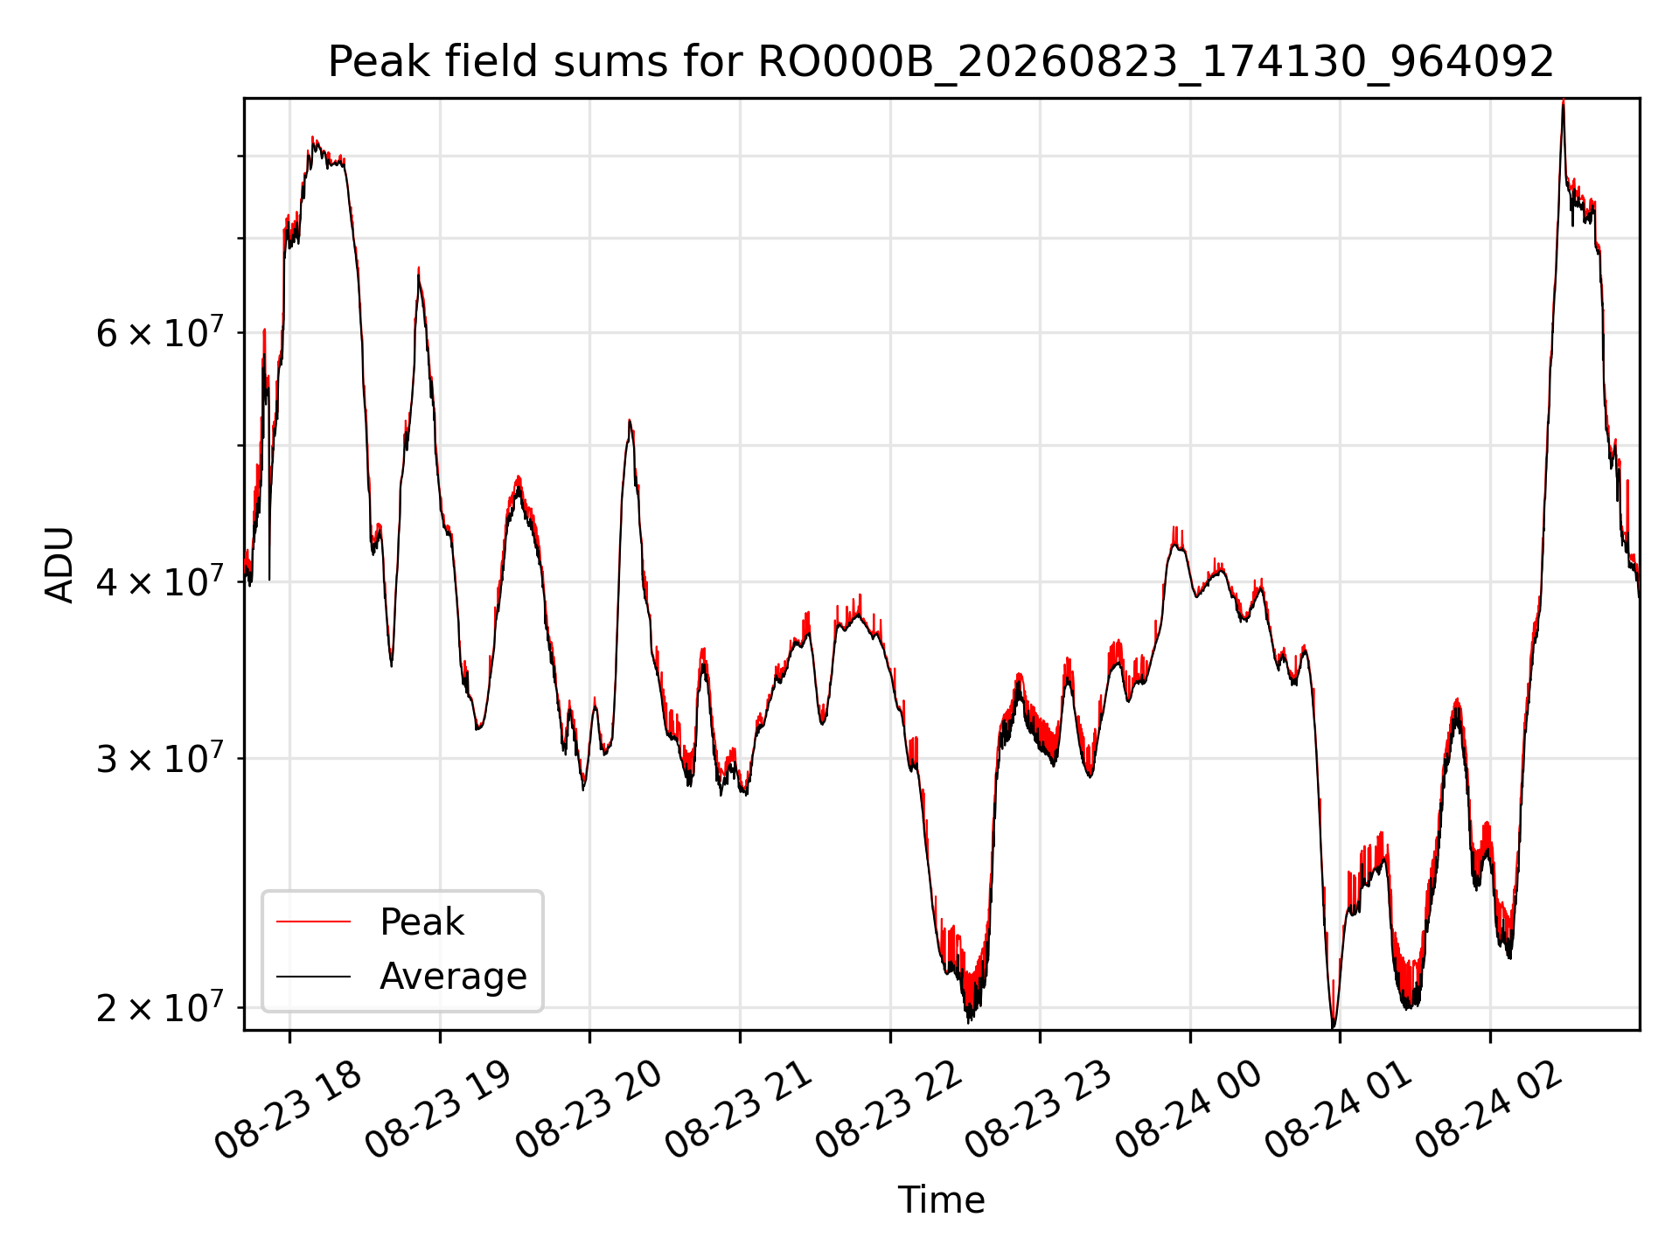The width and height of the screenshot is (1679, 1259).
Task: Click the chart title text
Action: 941,62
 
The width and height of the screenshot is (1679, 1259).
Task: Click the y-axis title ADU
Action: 59,565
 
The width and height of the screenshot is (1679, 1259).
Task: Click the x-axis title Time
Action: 941,1200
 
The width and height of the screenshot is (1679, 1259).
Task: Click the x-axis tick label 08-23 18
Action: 289,1110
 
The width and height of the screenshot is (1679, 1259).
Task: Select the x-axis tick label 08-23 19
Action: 439,1110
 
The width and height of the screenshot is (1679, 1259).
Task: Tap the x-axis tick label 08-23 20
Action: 589,1110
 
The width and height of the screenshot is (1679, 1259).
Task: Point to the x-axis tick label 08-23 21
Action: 740,1110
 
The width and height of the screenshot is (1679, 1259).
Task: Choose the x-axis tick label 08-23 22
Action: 890,1110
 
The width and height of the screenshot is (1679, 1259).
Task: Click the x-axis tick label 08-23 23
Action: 1040,1110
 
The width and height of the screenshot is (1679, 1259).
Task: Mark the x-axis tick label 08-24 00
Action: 1190,1110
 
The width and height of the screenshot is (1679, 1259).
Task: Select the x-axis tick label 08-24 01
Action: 1341,1110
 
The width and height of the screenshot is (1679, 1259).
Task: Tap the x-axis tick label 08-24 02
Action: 1491,1110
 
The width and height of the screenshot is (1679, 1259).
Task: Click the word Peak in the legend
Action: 421,922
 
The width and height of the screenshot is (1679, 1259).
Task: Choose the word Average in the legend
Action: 453,977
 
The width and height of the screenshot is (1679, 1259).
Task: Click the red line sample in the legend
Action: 313,922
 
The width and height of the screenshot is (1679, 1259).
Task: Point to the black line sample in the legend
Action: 313,976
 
